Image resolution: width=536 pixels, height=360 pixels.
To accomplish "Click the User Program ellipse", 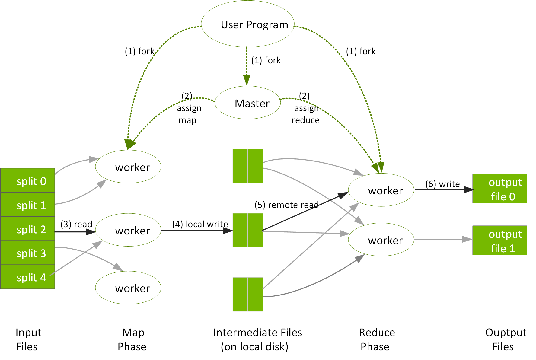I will (x=247, y=24).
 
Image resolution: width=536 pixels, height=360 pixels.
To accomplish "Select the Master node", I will (x=248, y=103).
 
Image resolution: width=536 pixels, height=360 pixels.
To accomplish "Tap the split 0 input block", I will (x=27, y=181).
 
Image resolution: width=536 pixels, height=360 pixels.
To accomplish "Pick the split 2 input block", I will (x=27, y=229).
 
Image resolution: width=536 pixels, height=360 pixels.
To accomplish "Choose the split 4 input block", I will (x=27, y=277).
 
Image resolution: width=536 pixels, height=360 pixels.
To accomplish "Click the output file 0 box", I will (x=499, y=189).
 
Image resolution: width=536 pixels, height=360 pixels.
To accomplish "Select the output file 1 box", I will (x=499, y=241).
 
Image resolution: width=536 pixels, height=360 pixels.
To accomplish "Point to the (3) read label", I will (x=76, y=224).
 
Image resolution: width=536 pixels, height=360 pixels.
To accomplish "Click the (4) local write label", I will (x=200, y=224).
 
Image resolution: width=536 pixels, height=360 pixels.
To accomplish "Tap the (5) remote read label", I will (x=286, y=205).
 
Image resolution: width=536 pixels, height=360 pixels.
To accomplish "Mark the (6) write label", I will (x=442, y=184).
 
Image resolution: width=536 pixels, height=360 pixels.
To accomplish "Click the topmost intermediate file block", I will (x=247, y=166).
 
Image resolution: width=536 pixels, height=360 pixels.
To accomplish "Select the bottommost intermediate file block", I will (x=247, y=294).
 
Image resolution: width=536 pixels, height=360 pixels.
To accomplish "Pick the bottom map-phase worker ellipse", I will (x=128, y=288).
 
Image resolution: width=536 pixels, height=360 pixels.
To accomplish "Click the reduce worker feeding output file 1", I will (x=381, y=240).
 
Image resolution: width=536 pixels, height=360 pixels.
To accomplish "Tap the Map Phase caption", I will (x=132, y=339).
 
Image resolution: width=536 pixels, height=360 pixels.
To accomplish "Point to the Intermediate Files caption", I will (x=257, y=339).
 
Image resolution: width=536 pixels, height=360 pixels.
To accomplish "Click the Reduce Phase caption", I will (x=376, y=339).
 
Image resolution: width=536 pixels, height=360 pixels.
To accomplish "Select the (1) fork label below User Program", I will (x=266, y=61).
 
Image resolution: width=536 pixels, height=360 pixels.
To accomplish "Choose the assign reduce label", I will (x=306, y=114).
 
